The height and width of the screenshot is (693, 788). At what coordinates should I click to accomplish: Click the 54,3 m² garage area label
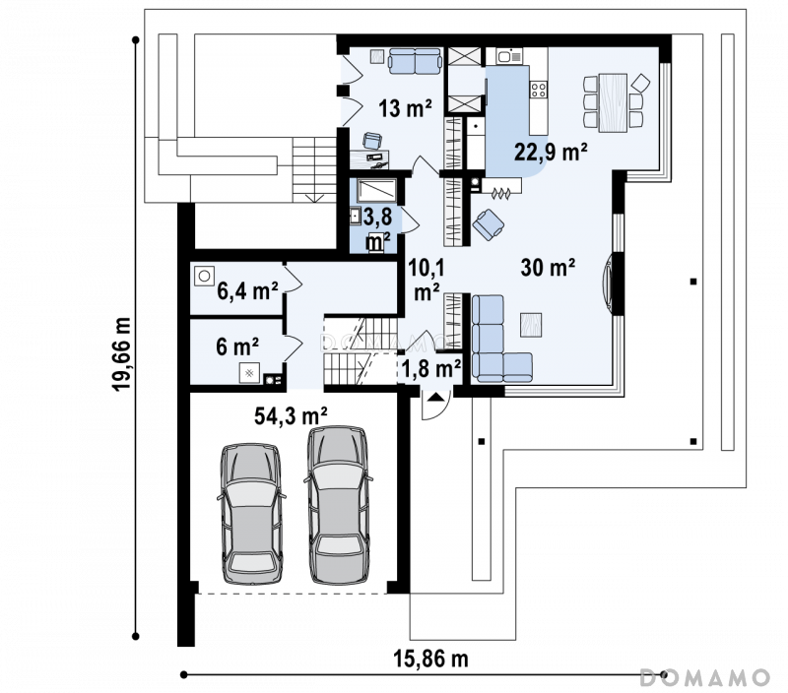click(x=291, y=415)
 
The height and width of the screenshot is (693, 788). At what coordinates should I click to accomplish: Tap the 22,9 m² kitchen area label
click(x=551, y=152)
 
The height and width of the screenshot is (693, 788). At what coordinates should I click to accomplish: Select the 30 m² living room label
click(x=548, y=267)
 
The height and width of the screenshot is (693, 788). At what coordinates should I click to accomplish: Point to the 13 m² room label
click(x=405, y=108)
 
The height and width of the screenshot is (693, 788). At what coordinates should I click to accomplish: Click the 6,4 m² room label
click(x=247, y=290)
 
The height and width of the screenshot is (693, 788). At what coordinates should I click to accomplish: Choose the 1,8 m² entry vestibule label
click(x=431, y=368)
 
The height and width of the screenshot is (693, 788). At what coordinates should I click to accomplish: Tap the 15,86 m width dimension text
click(x=430, y=659)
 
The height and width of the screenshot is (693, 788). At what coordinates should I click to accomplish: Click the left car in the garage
click(x=251, y=513)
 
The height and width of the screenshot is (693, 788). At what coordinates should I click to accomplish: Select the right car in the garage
click(x=338, y=505)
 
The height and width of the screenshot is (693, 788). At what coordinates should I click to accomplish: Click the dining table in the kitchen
click(x=613, y=102)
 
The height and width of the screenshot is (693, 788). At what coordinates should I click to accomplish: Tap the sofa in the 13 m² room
click(x=415, y=61)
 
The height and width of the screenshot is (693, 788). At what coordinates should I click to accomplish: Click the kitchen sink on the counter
click(x=509, y=56)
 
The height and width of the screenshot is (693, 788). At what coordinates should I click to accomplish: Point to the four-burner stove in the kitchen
click(x=539, y=90)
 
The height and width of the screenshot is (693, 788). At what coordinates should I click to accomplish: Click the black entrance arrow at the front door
click(x=434, y=398)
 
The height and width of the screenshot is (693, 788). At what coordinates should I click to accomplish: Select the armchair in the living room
click(x=488, y=224)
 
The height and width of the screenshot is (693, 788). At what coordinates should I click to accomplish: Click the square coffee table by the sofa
click(x=531, y=325)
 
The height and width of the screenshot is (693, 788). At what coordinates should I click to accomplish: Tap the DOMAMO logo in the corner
click(x=704, y=677)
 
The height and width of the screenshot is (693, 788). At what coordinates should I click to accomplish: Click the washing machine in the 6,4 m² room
click(x=204, y=276)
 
